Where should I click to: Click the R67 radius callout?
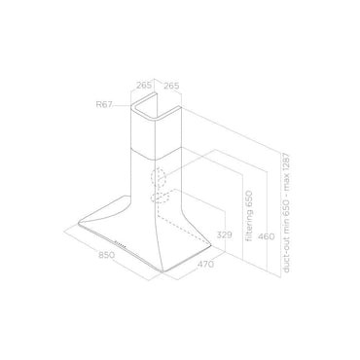pyautogui.click(x=104, y=104)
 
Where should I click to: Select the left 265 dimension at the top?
pyautogui.click(x=144, y=86)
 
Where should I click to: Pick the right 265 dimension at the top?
pyautogui.click(x=171, y=86)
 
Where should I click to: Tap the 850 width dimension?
pyautogui.click(x=107, y=255)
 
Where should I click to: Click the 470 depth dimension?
pyautogui.click(x=205, y=265)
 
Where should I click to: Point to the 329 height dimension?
pyautogui.click(x=225, y=234)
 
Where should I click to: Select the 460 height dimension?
pyautogui.click(x=266, y=236)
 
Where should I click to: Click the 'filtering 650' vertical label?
pyautogui.click(x=249, y=216)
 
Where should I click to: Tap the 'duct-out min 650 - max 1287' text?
pyautogui.click(x=286, y=213)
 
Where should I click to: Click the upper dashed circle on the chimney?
pyautogui.click(x=159, y=177)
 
